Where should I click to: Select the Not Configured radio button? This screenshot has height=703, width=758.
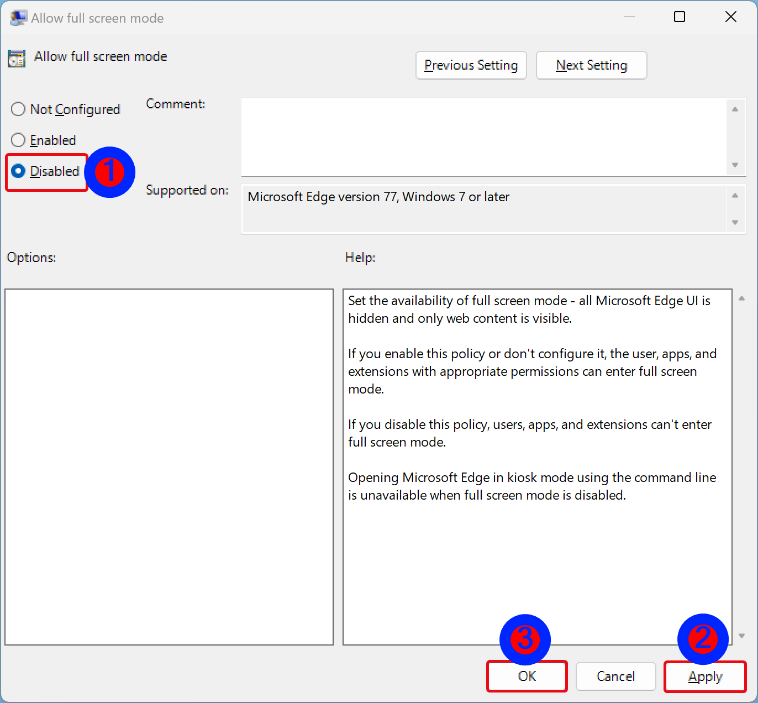tap(18, 109)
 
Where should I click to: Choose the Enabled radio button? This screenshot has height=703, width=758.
tap(18, 140)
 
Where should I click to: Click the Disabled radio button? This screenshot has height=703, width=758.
tap(18, 171)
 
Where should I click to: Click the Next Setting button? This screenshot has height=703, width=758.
tap(591, 65)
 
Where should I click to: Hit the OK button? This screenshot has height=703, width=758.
tap(527, 676)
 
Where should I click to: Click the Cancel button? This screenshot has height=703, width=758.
tap(615, 676)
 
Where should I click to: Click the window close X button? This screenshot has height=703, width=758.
tap(730, 17)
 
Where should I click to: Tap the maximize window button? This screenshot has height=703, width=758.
tap(680, 17)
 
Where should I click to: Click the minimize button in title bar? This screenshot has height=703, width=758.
tap(629, 17)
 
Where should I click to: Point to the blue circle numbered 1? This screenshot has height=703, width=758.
tap(110, 172)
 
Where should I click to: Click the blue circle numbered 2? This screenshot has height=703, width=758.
tap(703, 639)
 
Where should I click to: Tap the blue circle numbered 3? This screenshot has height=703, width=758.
tap(525, 639)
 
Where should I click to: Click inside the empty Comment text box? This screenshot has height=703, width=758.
tap(484, 137)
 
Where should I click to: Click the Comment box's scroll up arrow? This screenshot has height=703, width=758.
tap(735, 109)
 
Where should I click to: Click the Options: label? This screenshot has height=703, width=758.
tap(31, 258)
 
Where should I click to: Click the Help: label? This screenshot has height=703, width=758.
tap(360, 258)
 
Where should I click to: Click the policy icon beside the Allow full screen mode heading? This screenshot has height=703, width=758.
tap(17, 58)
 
